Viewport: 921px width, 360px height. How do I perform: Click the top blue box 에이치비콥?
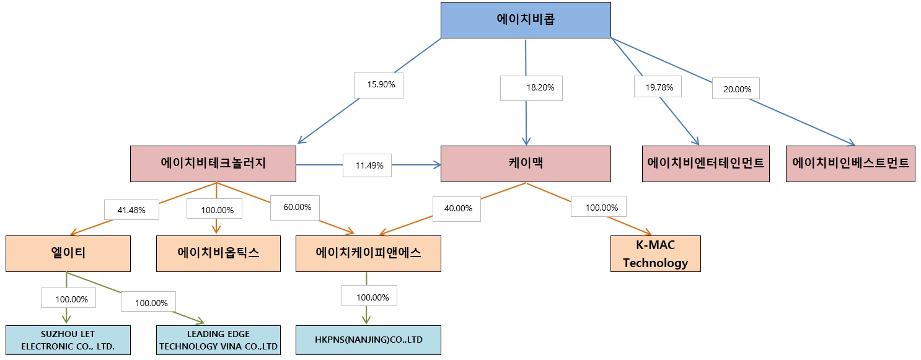[526, 19]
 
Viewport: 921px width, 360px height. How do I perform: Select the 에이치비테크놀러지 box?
[213, 164]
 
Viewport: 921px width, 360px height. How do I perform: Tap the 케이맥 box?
[526, 164]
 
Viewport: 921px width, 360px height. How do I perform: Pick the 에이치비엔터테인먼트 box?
[705, 164]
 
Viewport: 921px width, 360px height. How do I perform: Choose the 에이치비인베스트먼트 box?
[850, 164]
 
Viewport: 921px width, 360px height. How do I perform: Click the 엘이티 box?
[68, 253]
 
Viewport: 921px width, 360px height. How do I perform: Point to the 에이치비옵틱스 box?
[218, 253]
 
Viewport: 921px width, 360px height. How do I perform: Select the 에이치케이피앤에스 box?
[368, 253]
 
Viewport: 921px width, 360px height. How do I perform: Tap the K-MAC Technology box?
[655, 253]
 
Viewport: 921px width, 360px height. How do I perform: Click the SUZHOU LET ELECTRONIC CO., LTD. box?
[68, 340]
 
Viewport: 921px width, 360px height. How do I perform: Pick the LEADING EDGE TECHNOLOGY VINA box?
[218, 340]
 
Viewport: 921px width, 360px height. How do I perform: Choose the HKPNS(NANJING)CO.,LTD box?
[368, 340]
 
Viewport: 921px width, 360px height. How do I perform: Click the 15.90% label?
[379, 85]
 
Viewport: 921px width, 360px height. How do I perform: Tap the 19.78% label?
[658, 87]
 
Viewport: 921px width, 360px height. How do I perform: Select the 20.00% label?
[736, 89]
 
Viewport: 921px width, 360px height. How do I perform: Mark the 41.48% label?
[131, 210]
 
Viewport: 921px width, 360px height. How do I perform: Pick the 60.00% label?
[295, 207]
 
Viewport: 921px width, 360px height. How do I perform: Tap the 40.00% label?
[458, 208]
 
